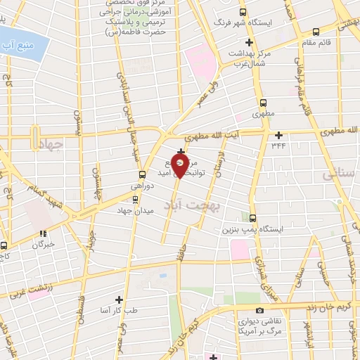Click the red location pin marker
181,165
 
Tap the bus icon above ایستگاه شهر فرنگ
243,12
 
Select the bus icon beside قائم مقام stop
316,32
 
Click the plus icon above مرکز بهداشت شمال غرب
249,43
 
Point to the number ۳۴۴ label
279,144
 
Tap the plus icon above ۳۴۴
279,134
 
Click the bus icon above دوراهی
143,174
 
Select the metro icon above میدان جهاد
135,200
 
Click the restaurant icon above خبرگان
44,233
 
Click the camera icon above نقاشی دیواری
259,310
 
